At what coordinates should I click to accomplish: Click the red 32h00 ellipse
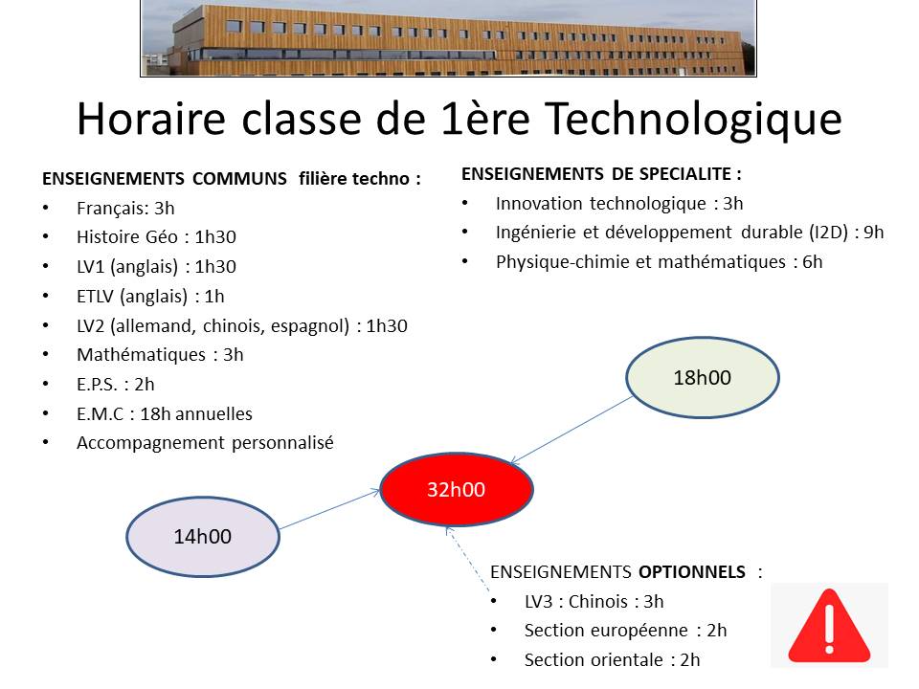point(457,489)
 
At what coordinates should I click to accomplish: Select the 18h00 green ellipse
point(702,377)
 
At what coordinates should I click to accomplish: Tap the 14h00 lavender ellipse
point(203,537)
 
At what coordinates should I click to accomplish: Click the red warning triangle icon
point(829,626)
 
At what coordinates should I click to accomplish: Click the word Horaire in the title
point(151,119)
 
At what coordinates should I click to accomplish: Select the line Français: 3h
point(125,209)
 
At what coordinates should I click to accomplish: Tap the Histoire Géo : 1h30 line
point(156,237)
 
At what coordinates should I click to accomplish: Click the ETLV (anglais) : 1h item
point(150,297)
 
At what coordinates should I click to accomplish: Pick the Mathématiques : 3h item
point(160,355)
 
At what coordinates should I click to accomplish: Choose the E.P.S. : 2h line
point(116,385)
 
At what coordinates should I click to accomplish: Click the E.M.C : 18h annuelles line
point(164,414)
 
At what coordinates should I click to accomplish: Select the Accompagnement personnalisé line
point(205,443)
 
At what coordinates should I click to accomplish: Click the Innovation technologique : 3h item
point(619,203)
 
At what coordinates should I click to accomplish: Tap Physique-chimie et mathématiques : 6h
point(659,262)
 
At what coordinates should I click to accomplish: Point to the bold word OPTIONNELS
point(691,572)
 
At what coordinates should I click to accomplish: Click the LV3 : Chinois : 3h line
point(594,602)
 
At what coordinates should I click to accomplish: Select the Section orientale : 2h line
point(612,660)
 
